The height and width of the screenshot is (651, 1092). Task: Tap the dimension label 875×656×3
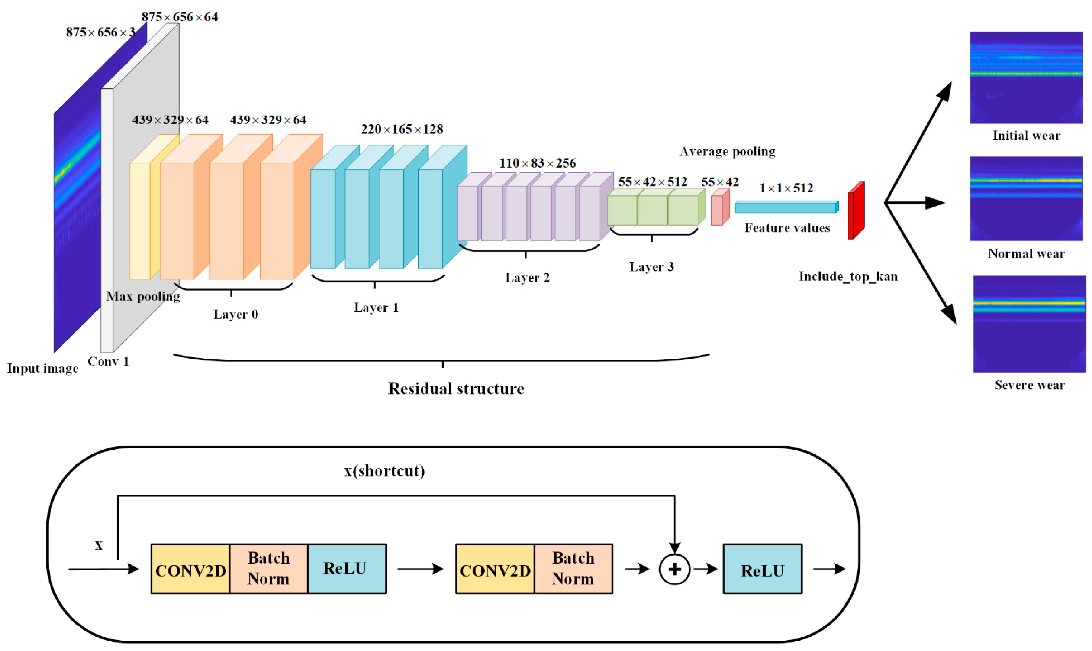(x=100, y=32)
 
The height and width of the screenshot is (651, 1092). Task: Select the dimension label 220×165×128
(x=402, y=129)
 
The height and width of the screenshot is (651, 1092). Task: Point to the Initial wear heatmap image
(x=1026, y=77)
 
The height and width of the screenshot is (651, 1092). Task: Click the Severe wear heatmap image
(x=1029, y=324)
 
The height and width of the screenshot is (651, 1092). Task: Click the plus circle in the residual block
(x=674, y=569)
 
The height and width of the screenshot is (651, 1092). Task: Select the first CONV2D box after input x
(x=190, y=569)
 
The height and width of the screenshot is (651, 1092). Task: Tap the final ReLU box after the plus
(x=762, y=569)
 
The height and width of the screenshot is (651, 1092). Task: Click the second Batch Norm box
(x=573, y=569)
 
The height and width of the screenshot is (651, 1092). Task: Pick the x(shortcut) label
(x=384, y=471)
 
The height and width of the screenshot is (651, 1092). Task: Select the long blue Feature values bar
(x=786, y=207)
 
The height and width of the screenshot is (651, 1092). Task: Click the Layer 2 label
(x=527, y=278)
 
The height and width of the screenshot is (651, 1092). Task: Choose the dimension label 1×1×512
(x=786, y=188)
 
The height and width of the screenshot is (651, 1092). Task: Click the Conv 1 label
(x=108, y=362)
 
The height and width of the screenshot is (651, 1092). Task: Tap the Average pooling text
(x=727, y=152)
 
